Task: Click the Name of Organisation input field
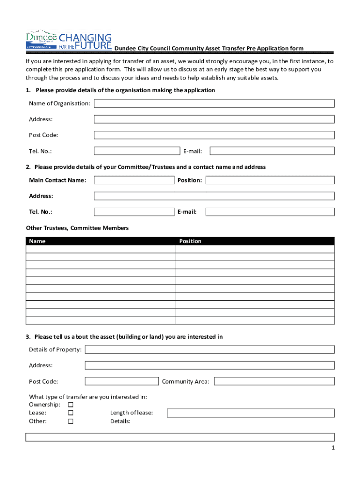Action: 214,103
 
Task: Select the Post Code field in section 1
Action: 214,135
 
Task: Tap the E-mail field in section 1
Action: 272,151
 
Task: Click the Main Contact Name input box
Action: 134,180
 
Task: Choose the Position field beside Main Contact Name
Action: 270,180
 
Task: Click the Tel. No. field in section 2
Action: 134,212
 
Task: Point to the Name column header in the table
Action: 37,241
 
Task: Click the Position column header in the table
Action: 190,241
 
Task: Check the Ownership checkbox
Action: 71,405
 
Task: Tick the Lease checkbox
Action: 71,413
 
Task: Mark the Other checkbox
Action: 71,421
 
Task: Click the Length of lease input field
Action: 251,413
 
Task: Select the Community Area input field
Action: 274,381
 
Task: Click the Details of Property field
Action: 209,349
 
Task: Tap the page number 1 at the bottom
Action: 332,448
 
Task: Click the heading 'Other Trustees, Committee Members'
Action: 77,228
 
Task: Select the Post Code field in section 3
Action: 122,381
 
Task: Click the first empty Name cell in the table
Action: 101,249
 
